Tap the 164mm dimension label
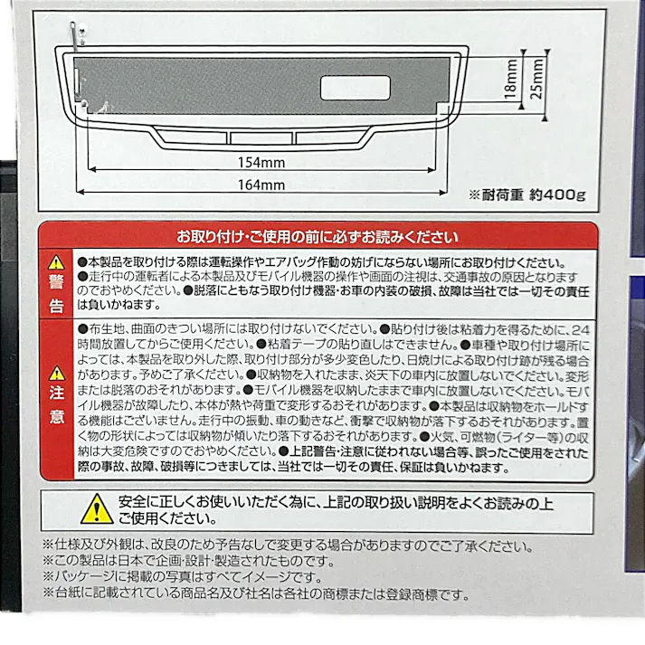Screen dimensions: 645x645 point(263,185)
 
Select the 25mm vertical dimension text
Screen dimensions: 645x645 point(539,81)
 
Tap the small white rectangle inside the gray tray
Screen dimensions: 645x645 point(354,88)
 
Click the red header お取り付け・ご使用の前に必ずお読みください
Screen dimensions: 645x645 point(316,237)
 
